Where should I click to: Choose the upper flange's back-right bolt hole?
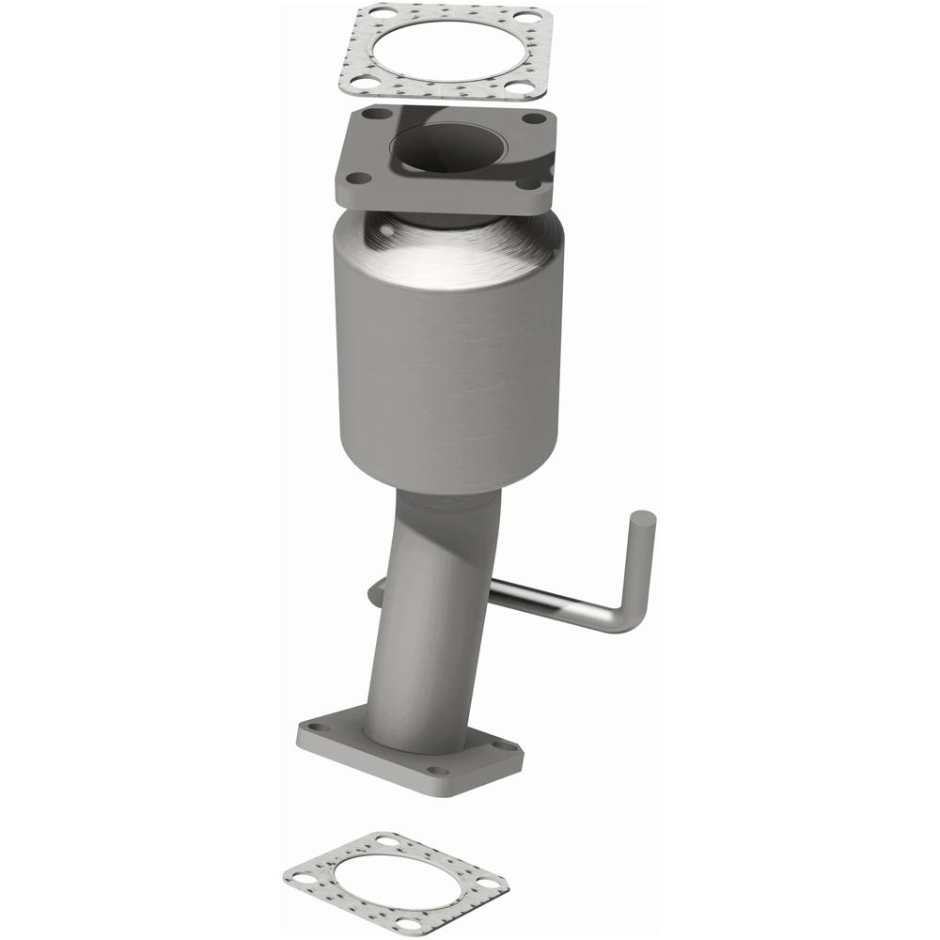(534, 118)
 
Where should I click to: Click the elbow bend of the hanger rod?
(630, 616)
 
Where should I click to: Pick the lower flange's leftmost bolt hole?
(314, 728)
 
